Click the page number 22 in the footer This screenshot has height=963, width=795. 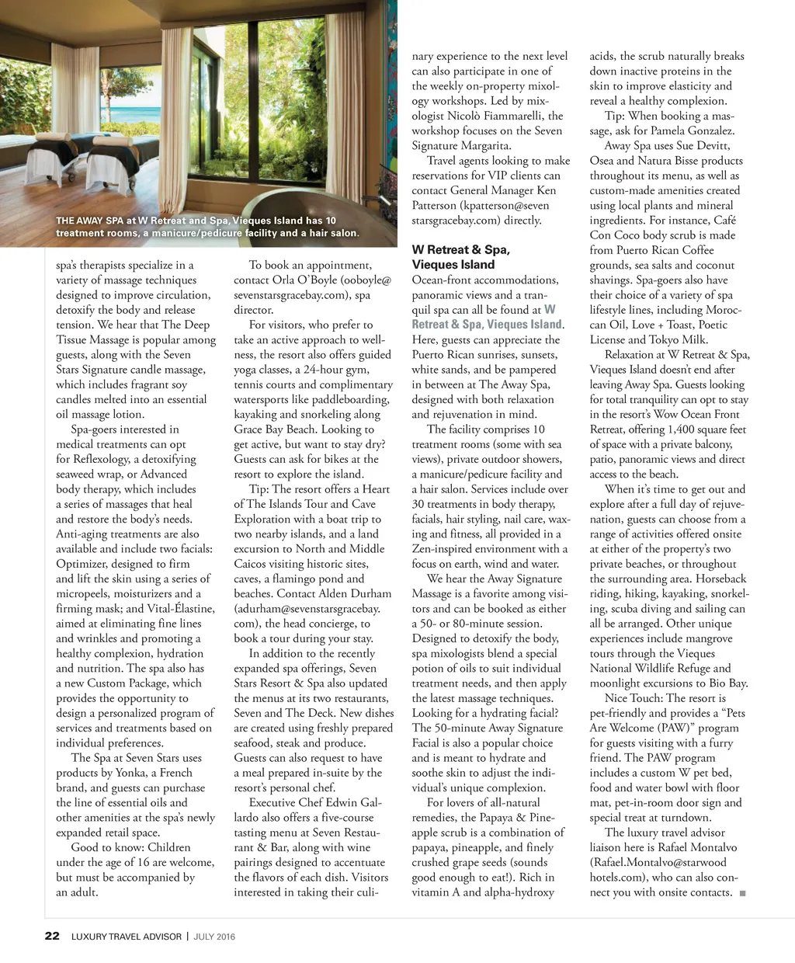51,936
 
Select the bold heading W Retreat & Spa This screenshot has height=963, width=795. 460,250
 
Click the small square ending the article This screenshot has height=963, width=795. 743,893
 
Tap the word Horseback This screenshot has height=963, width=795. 720,579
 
